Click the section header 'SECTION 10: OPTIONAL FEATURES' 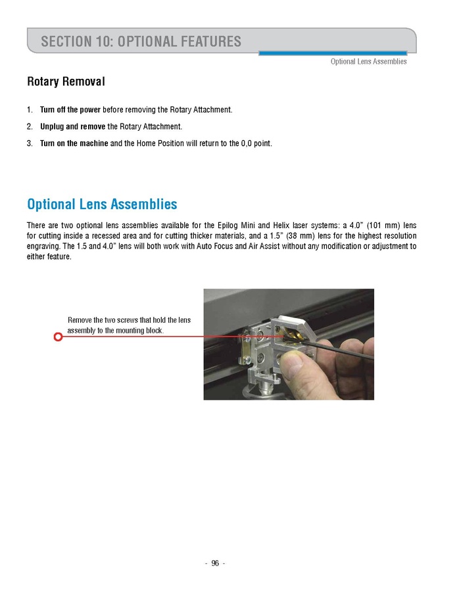point(141,41)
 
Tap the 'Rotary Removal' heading point(66,82)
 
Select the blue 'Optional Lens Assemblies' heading point(102,204)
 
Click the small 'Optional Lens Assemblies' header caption point(368,62)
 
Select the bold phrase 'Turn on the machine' point(74,143)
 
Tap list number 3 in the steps point(30,143)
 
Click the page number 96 point(214,563)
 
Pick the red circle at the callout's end point(58,337)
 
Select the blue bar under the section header point(332,53)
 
